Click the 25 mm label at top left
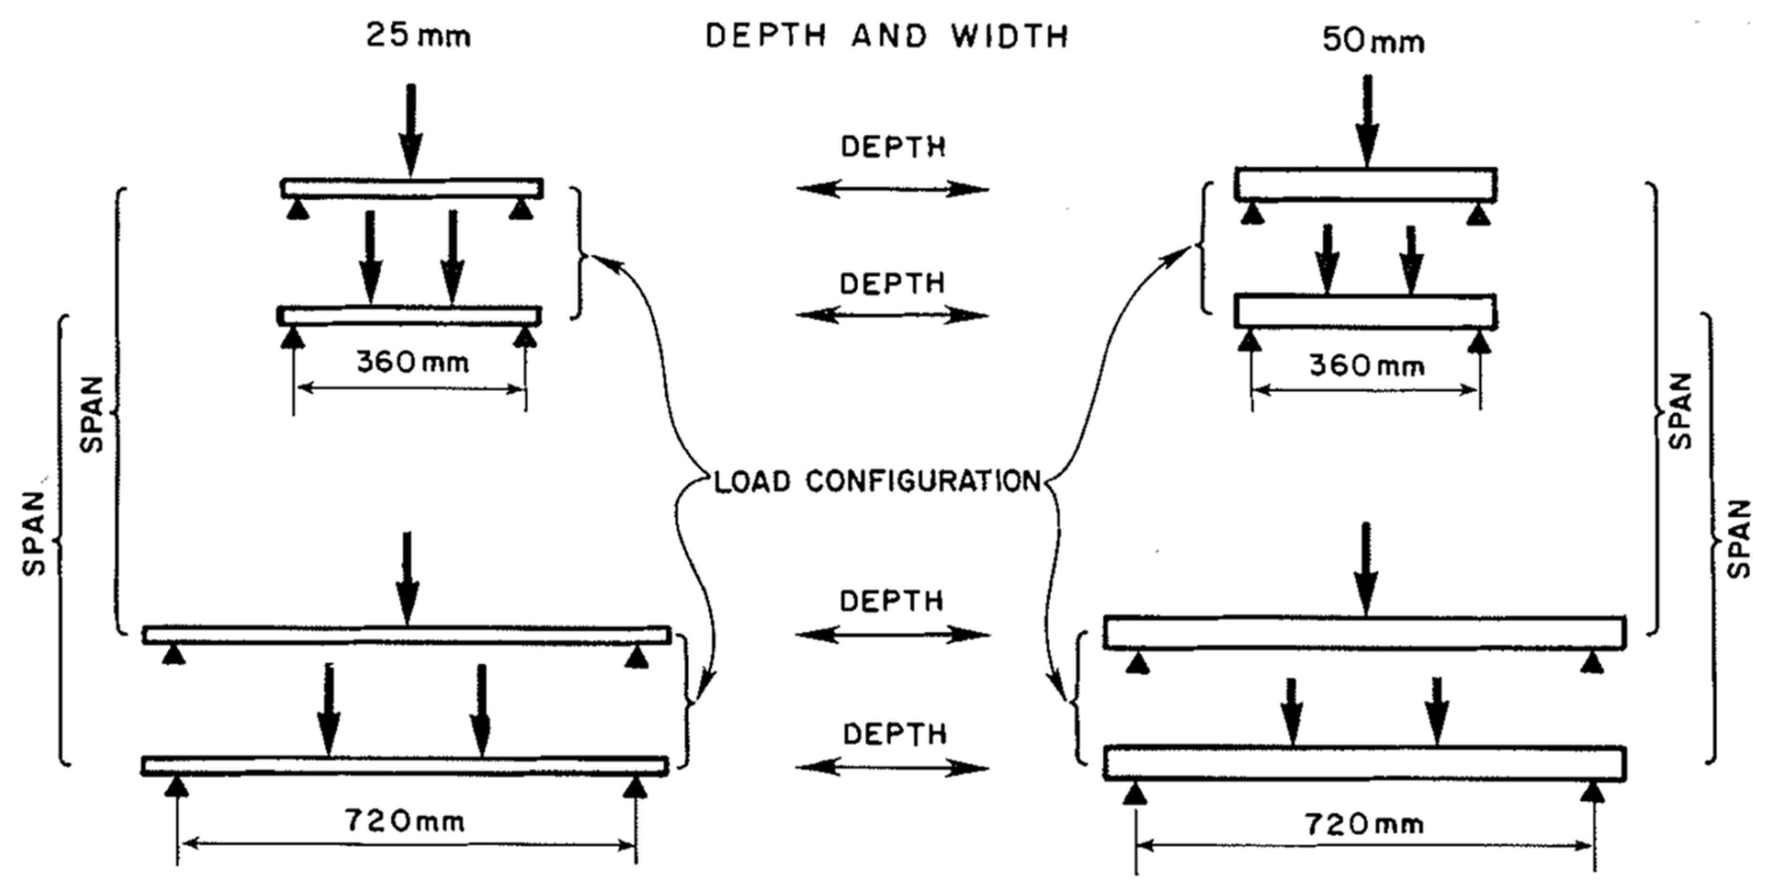[x=418, y=36]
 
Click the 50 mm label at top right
[x=1373, y=41]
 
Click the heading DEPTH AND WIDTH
[x=887, y=36]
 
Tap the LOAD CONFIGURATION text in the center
[x=878, y=481]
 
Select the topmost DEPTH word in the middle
[x=893, y=147]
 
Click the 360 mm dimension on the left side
[x=413, y=362]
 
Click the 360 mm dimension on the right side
[x=1367, y=366]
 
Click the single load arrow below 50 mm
[x=1367, y=121]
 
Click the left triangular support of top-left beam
[x=298, y=209]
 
